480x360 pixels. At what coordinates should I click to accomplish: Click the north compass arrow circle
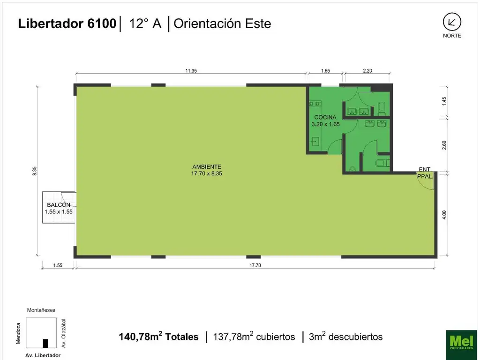click(452, 22)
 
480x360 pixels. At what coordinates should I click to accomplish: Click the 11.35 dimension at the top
click(190, 71)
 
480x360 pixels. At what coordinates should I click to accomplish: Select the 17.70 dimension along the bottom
click(255, 265)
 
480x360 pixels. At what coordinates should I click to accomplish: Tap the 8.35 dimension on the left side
click(34, 171)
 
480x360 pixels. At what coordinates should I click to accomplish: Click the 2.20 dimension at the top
click(367, 71)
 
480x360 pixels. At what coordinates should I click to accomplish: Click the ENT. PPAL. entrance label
click(426, 173)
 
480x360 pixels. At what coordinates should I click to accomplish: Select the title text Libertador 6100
click(67, 24)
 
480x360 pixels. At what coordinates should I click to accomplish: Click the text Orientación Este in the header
click(222, 24)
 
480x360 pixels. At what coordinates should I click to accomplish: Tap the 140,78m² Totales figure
click(158, 337)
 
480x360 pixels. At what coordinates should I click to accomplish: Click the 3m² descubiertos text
click(345, 337)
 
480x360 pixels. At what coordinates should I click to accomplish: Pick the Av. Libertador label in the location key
click(43, 355)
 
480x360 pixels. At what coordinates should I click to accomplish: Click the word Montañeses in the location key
click(41, 310)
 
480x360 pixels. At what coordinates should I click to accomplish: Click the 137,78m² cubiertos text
click(254, 337)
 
